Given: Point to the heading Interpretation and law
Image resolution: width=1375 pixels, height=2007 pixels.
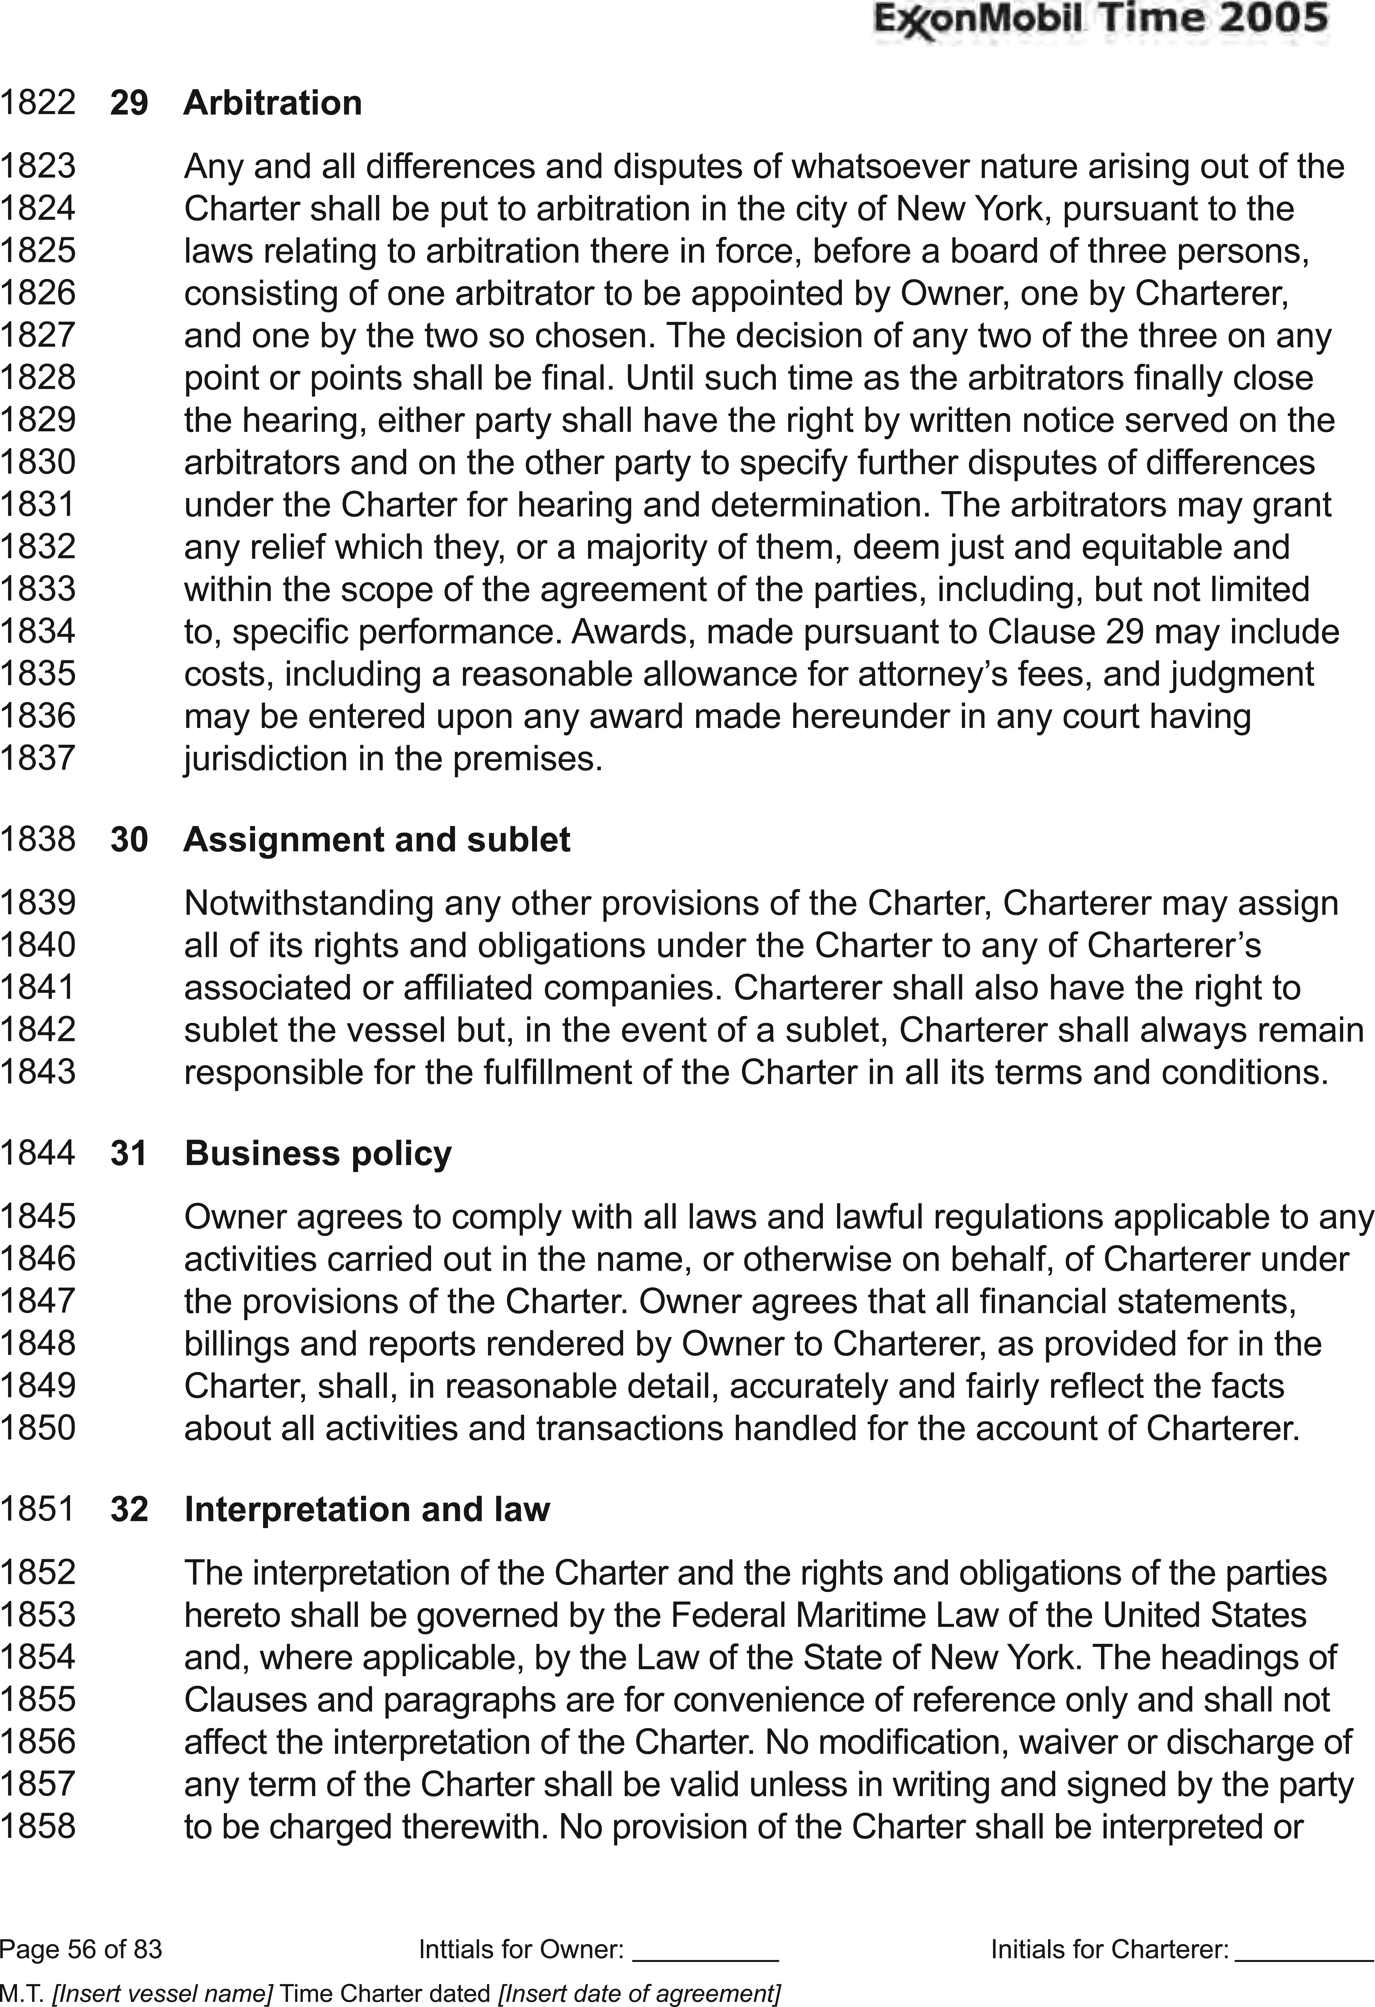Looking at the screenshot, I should (x=367, y=1509).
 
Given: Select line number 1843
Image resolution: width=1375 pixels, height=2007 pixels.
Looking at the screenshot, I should (x=38, y=1073).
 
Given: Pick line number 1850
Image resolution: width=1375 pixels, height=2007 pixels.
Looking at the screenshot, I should (x=38, y=1428).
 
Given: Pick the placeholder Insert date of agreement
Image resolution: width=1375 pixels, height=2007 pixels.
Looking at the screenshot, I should (x=639, y=1987).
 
